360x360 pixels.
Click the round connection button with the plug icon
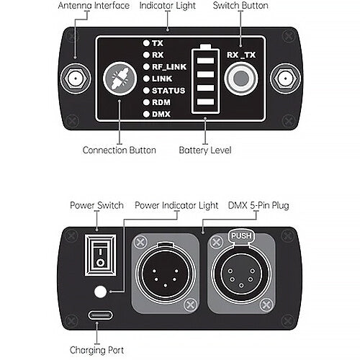[x=120, y=78]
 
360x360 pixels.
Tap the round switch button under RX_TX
[x=241, y=78]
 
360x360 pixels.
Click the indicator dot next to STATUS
[x=146, y=91]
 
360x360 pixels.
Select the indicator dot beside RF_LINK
[x=146, y=67]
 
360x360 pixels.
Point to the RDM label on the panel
[x=161, y=102]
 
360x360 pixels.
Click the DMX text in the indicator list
[x=161, y=114]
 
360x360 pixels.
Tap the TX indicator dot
[x=146, y=43]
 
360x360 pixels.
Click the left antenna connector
[x=76, y=78]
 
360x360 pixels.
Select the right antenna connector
[x=285, y=78]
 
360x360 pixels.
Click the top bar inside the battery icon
[x=205, y=60]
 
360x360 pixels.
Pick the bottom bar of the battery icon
[x=205, y=102]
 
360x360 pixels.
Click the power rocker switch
[x=100, y=255]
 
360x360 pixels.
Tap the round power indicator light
[x=100, y=292]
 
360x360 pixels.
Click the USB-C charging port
[x=100, y=315]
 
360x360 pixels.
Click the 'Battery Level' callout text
[x=205, y=150]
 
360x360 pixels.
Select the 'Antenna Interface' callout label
[x=94, y=6]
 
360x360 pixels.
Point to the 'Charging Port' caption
[x=96, y=351]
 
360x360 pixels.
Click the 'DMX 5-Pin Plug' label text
[x=258, y=206]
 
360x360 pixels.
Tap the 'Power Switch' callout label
[x=96, y=205]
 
